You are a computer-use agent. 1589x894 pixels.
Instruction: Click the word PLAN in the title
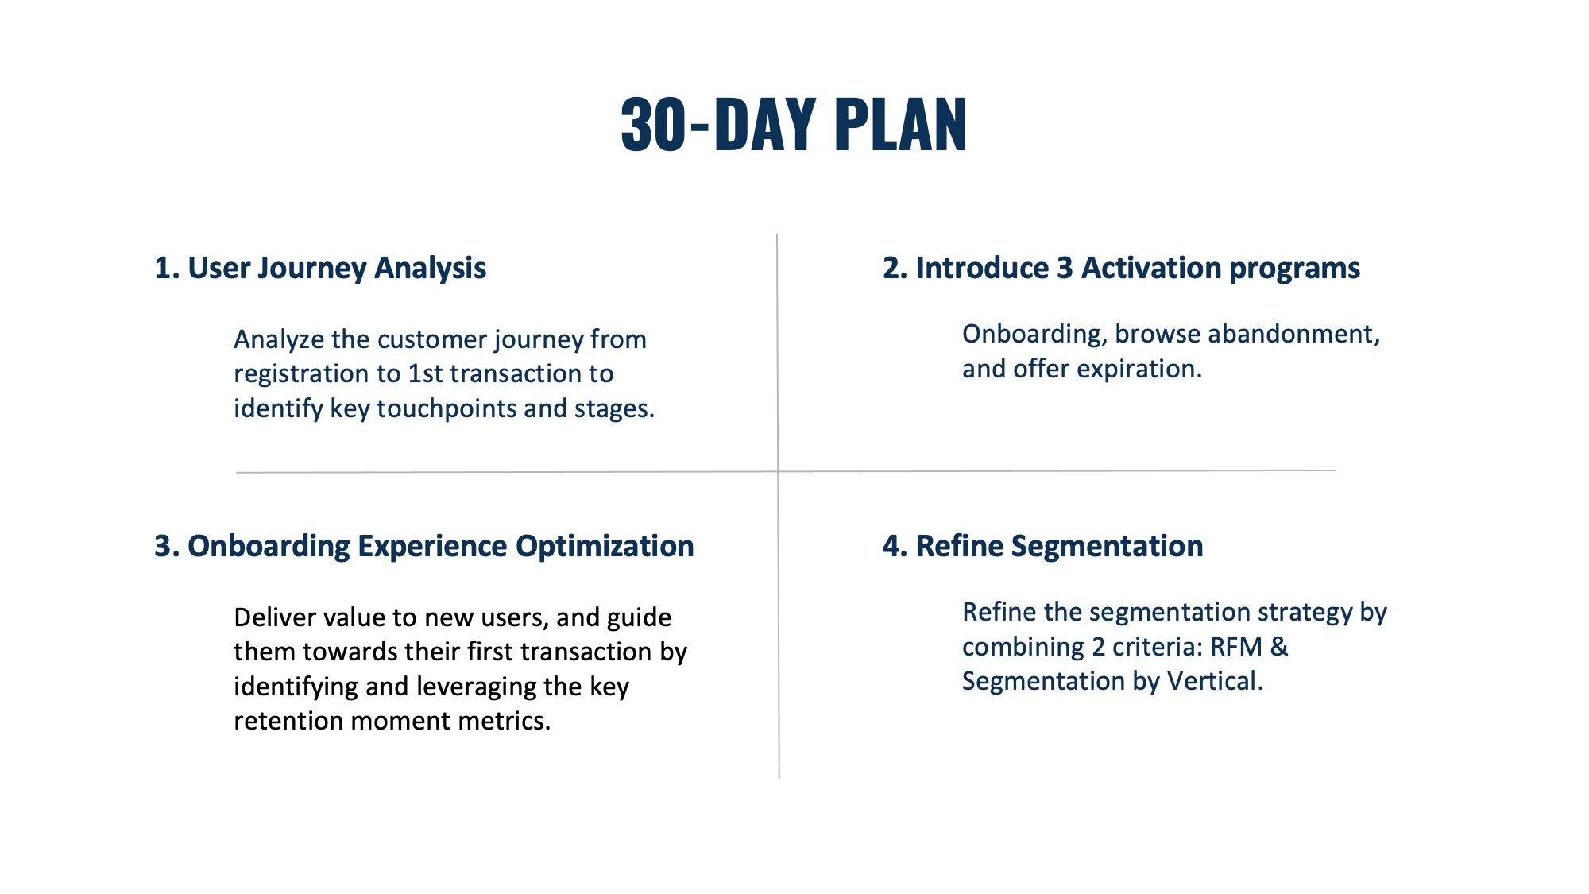[901, 124]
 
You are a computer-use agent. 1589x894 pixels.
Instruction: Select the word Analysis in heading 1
[430, 269]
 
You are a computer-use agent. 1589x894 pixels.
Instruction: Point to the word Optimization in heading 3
[605, 547]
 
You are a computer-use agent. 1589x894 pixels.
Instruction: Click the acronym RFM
[1236, 647]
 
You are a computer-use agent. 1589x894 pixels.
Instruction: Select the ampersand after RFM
[1279, 647]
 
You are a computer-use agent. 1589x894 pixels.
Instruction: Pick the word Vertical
[1215, 681]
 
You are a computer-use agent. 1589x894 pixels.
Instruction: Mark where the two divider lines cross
[778, 471]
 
